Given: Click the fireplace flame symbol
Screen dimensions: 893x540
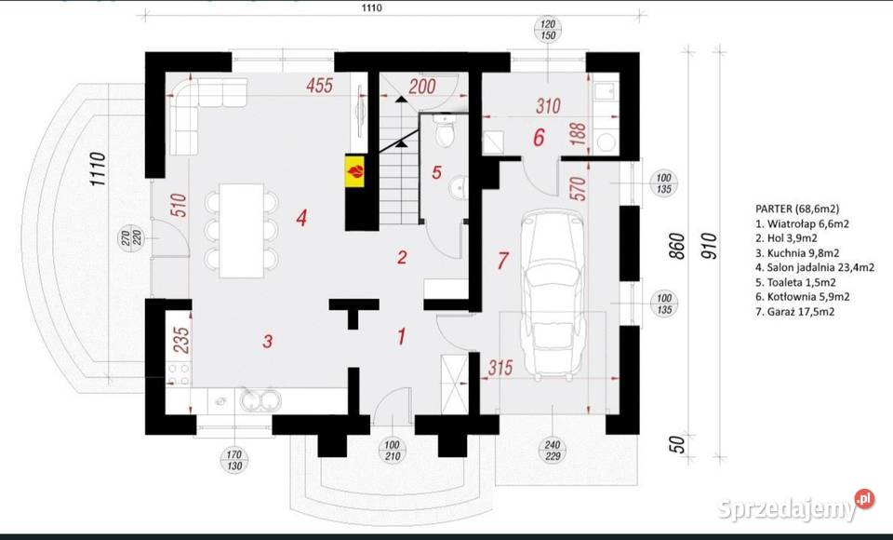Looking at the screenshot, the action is (x=355, y=171).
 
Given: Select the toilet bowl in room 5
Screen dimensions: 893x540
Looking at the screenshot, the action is (x=444, y=133).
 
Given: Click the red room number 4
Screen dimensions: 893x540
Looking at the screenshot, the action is (x=301, y=217).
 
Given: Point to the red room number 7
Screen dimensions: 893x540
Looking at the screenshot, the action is (x=502, y=261).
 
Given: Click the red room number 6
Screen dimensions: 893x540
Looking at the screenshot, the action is (x=539, y=138).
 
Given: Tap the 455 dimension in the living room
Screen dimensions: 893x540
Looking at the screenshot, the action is (x=319, y=86).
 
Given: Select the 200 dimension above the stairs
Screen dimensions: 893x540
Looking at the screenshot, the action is (x=422, y=86).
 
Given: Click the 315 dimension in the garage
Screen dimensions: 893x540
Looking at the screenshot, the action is (x=500, y=368).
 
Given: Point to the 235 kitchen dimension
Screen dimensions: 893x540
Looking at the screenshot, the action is (x=180, y=340).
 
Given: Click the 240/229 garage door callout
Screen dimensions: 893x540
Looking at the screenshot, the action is (x=553, y=450).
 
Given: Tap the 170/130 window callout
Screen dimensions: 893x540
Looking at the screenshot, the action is (x=234, y=460).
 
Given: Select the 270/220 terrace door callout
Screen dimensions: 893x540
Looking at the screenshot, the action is (x=131, y=237).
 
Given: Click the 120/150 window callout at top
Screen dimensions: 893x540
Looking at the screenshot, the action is (x=548, y=30).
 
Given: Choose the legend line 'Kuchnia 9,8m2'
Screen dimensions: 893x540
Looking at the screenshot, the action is (x=797, y=252).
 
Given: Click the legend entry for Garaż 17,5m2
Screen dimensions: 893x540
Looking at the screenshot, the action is (x=794, y=311).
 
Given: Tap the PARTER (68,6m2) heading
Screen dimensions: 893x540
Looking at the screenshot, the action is (x=797, y=209).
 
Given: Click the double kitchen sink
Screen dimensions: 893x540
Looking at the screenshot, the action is (x=260, y=399).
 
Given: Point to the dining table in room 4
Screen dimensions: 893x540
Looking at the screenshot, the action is (x=242, y=230).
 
